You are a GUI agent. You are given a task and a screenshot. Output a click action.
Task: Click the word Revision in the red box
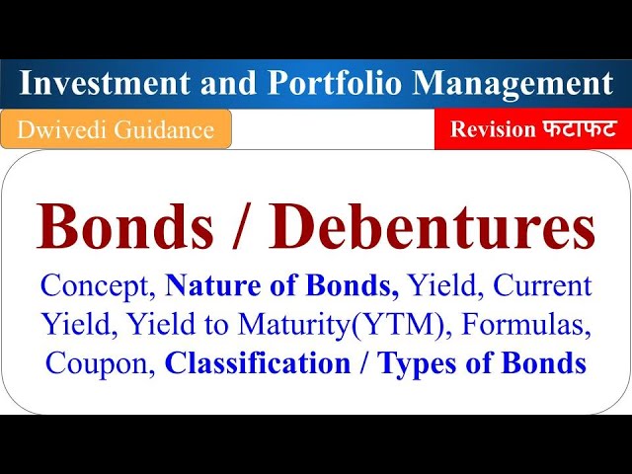pos(493,129)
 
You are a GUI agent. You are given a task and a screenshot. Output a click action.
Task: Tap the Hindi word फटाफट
pos(575,129)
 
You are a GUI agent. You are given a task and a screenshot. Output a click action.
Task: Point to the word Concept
pos(96,286)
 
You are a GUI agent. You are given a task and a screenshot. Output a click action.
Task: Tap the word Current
pos(542,286)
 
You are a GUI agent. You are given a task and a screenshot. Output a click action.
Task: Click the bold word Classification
pos(257,363)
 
